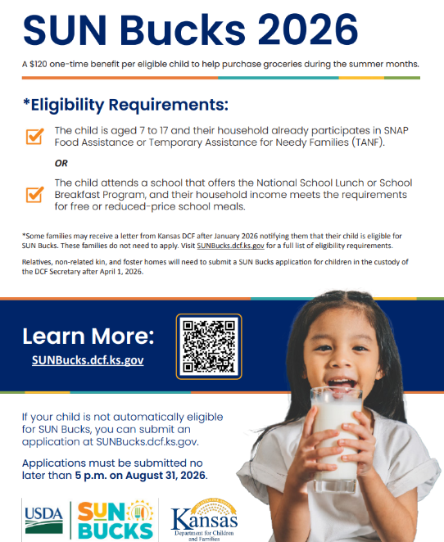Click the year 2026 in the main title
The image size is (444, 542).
[x=308, y=29]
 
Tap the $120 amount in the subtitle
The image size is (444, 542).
[x=38, y=65]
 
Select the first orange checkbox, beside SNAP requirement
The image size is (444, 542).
[x=34, y=136]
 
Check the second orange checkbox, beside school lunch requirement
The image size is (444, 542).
[x=34, y=194]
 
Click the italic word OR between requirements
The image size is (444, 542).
[x=61, y=163]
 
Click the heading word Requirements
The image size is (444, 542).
[x=169, y=105]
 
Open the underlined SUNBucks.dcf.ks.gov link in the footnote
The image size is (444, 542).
[x=231, y=246]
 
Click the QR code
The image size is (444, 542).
[x=209, y=346]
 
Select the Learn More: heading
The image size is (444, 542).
[x=88, y=336]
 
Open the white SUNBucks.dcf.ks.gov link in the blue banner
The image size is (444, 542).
[x=88, y=360]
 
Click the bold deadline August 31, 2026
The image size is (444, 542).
[x=165, y=476]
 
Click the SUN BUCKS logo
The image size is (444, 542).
[x=116, y=520]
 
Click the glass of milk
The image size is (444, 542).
[x=335, y=439]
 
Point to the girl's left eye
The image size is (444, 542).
[x=360, y=348]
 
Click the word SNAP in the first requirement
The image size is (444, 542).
[x=396, y=131]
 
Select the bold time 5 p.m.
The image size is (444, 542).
[x=91, y=476]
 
